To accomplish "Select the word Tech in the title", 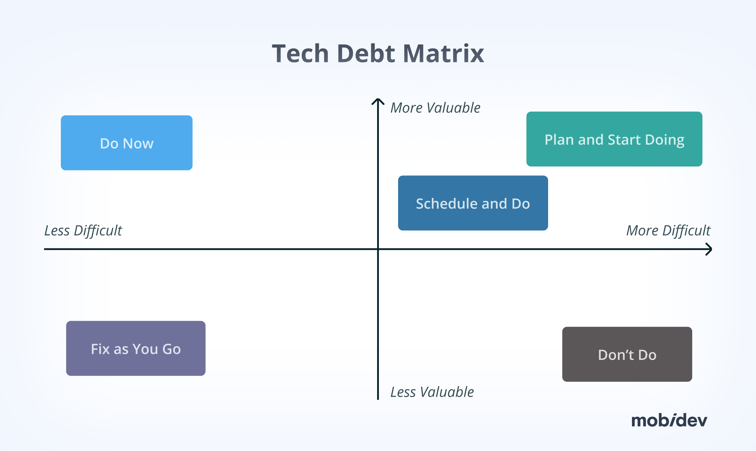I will [300, 54].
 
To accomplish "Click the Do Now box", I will [126, 143].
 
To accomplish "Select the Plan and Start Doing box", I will [614, 139].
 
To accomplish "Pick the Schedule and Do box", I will [473, 203].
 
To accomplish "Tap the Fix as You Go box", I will [136, 348].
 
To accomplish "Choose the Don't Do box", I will [627, 354].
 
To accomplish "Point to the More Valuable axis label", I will [435, 108].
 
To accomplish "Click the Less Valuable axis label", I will [432, 392].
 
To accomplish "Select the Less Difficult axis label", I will [83, 231].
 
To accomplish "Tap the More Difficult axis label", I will [668, 231].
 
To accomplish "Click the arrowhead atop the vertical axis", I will [378, 101].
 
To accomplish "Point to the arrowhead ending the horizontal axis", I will [709, 249].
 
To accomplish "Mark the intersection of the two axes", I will [378, 249].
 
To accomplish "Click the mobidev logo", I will [669, 420].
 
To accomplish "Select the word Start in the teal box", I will [624, 140].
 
